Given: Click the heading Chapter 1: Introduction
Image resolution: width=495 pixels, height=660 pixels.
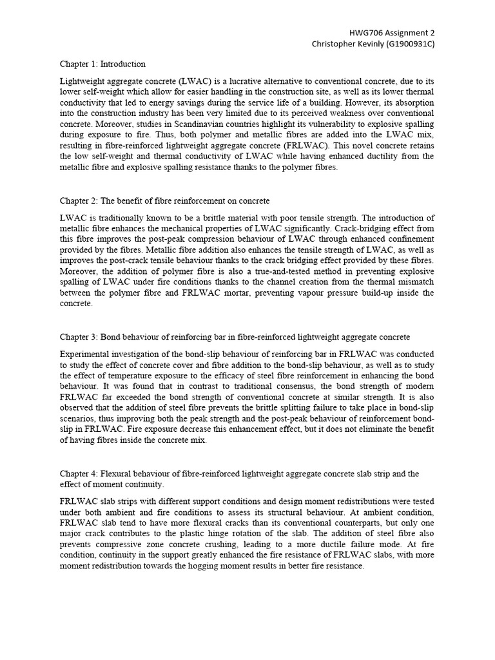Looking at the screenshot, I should tap(102, 64).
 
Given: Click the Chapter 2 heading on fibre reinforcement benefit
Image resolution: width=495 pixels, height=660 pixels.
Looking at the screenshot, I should tap(165, 201).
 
